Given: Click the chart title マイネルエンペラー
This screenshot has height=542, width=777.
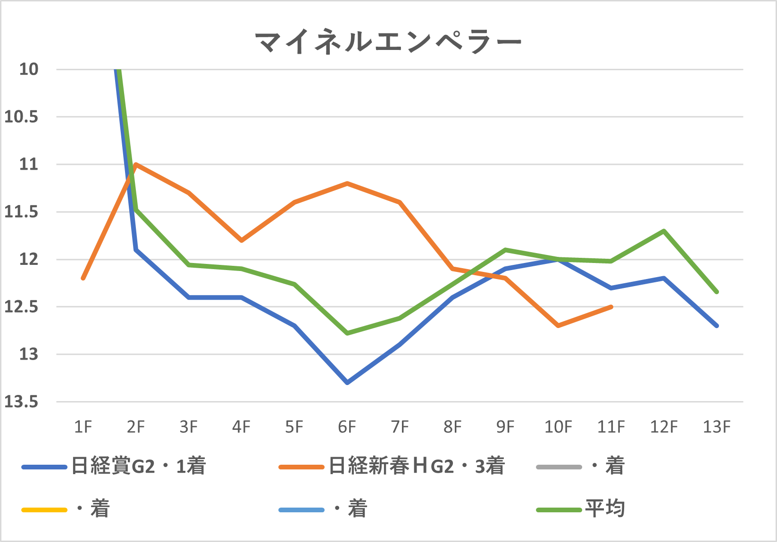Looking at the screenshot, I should click(x=388, y=42).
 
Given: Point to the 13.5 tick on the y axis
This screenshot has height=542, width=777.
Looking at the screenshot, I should click(x=21, y=402).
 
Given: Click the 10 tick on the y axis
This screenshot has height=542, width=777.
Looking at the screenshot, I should click(x=28, y=69).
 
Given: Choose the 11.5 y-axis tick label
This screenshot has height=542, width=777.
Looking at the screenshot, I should click(x=21, y=212).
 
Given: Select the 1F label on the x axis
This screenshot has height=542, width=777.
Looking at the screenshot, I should click(x=83, y=427).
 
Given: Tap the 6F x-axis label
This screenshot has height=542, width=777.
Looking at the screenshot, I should click(x=347, y=427).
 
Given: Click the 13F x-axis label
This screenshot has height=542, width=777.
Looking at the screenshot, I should click(x=716, y=427).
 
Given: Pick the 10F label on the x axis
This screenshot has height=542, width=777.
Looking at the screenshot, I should click(x=558, y=427).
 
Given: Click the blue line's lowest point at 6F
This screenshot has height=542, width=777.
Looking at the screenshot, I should click(x=347, y=383).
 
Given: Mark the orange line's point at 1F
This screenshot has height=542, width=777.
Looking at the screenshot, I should click(x=83, y=279).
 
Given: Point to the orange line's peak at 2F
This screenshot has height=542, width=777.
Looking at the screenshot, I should click(x=136, y=164).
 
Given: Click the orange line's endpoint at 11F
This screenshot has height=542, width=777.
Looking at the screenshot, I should click(x=611, y=307).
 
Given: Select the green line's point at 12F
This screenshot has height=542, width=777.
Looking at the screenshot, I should click(x=664, y=231).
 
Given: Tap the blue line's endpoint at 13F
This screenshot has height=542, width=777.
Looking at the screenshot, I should click(x=717, y=326).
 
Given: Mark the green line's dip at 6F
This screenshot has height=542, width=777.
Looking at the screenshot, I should click(x=347, y=333).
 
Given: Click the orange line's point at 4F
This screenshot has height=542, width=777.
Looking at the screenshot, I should click(x=242, y=240).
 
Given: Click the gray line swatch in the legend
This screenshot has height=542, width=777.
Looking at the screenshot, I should click(x=559, y=467).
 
